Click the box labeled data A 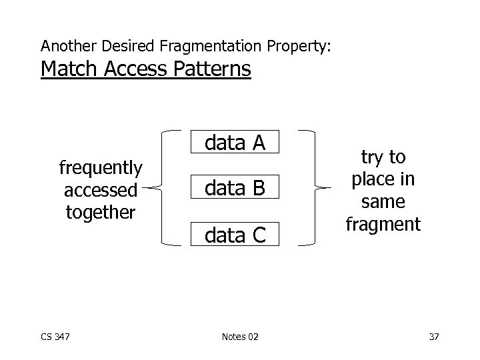point(235,143)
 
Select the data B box point(235,189)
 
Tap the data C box point(235,234)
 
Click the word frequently point(101,167)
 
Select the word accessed point(101,189)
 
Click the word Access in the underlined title point(134,69)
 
